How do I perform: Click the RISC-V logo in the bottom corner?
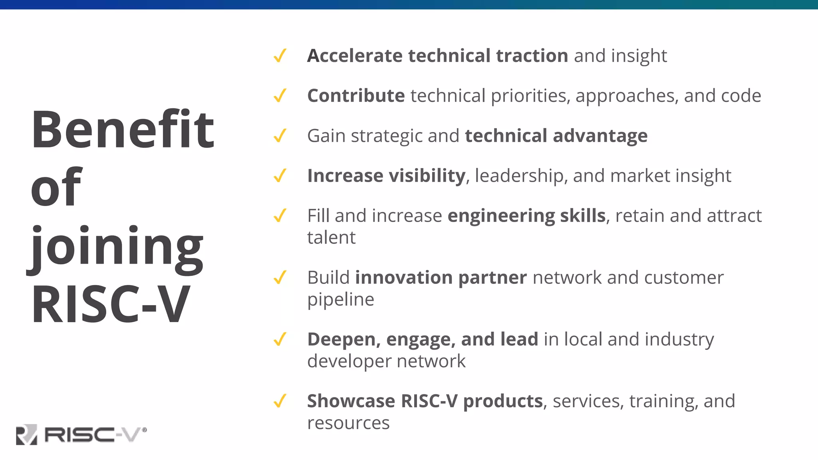pos(81,434)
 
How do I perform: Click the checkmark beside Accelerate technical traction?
pos(280,56)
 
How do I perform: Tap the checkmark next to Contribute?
pos(280,96)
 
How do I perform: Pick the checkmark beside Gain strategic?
pos(280,136)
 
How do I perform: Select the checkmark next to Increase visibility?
pos(280,176)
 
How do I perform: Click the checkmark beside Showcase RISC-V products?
pos(280,401)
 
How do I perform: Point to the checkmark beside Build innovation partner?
pos(280,278)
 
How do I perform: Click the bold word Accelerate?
pos(354,56)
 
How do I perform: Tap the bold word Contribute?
pos(356,96)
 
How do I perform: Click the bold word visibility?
pos(427,176)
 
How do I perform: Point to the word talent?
pos(331,238)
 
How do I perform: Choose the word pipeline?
pos(340,299)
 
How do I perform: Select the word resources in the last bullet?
pos(348,423)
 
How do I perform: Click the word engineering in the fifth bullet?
pos(501,216)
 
